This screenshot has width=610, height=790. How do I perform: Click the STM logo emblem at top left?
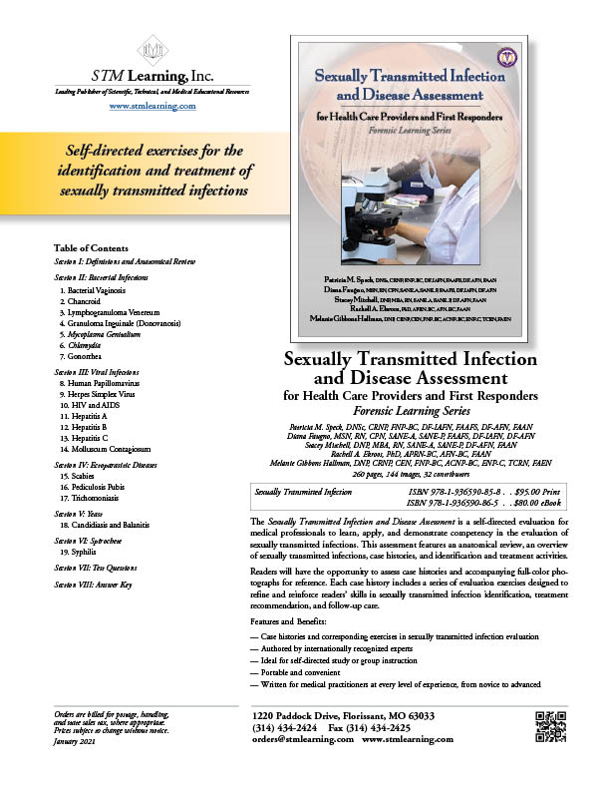click(x=152, y=50)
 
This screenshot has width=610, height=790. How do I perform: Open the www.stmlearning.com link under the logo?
click(x=152, y=105)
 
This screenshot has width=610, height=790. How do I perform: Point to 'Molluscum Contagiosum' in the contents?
click(x=112, y=465)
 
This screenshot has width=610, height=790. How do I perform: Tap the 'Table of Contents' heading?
click(x=92, y=246)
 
